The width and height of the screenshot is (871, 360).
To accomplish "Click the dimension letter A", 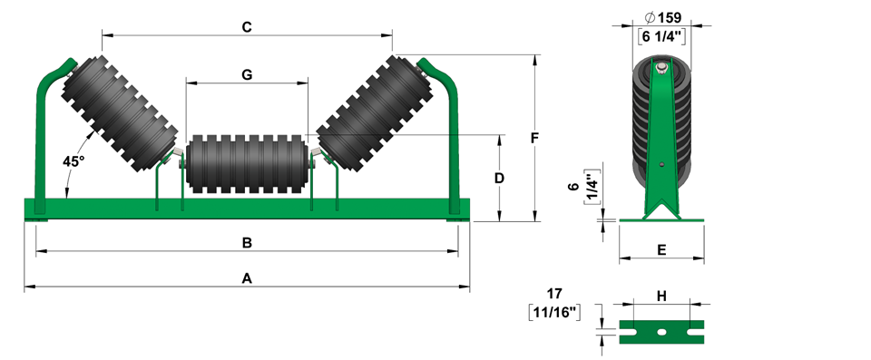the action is coord(247,278).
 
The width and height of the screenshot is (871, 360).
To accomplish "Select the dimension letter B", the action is coord(247,243).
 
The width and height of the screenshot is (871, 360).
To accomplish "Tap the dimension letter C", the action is coord(247,27).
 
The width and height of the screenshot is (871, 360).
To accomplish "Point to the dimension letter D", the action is coord(499,178).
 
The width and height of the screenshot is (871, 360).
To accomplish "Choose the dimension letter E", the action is coord(661,250).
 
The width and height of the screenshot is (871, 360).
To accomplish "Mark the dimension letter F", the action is coord(534,138).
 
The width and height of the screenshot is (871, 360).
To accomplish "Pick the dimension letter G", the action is coord(247,74).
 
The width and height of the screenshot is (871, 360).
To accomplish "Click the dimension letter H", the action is coord(661,297).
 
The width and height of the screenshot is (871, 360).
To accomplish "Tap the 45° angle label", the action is coord(73,161).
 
